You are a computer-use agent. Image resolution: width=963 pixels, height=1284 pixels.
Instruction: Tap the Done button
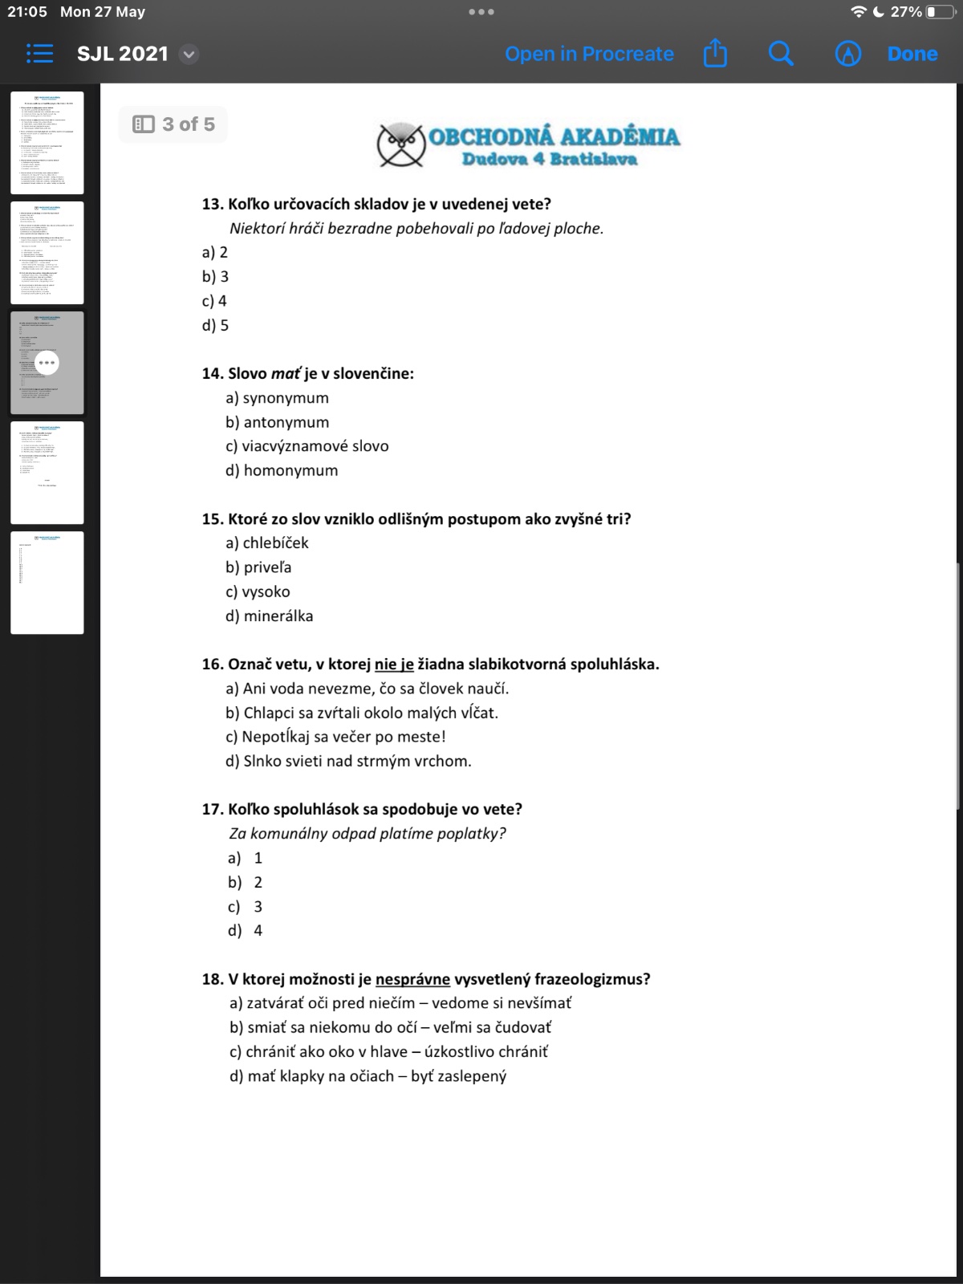[x=912, y=54]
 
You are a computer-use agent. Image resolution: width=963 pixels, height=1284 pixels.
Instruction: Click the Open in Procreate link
[x=589, y=54]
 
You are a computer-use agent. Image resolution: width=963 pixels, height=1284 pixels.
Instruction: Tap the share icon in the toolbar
[x=714, y=54]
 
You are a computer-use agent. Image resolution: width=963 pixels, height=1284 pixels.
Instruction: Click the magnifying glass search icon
[x=780, y=54]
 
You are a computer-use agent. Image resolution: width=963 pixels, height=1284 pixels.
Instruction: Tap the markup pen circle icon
[x=847, y=54]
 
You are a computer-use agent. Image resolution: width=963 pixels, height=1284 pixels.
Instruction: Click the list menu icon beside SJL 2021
[x=39, y=54]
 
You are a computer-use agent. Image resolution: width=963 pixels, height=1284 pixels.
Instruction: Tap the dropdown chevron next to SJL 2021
[x=189, y=55]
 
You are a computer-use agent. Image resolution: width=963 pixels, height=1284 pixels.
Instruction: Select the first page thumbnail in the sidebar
[x=47, y=143]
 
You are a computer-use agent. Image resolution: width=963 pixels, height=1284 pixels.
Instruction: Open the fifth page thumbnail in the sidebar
[x=47, y=583]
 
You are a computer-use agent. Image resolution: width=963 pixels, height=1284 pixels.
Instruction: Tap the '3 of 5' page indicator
[x=173, y=124]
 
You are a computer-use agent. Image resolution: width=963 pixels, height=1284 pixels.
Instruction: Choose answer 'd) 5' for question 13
[x=215, y=325]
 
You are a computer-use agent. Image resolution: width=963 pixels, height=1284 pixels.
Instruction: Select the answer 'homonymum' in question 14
[x=291, y=470]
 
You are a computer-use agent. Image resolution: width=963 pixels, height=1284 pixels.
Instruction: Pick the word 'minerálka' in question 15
[x=278, y=616]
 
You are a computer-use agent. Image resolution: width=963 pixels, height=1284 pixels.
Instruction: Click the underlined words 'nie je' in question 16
[x=394, y=664]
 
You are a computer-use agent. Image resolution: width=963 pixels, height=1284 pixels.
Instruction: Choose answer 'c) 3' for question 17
[x=246, y=906]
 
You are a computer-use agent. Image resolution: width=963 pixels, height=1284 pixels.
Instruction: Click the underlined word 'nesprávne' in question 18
[x=412, y=979]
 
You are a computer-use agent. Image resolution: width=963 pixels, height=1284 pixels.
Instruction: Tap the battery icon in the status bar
[x=940, y=12]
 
